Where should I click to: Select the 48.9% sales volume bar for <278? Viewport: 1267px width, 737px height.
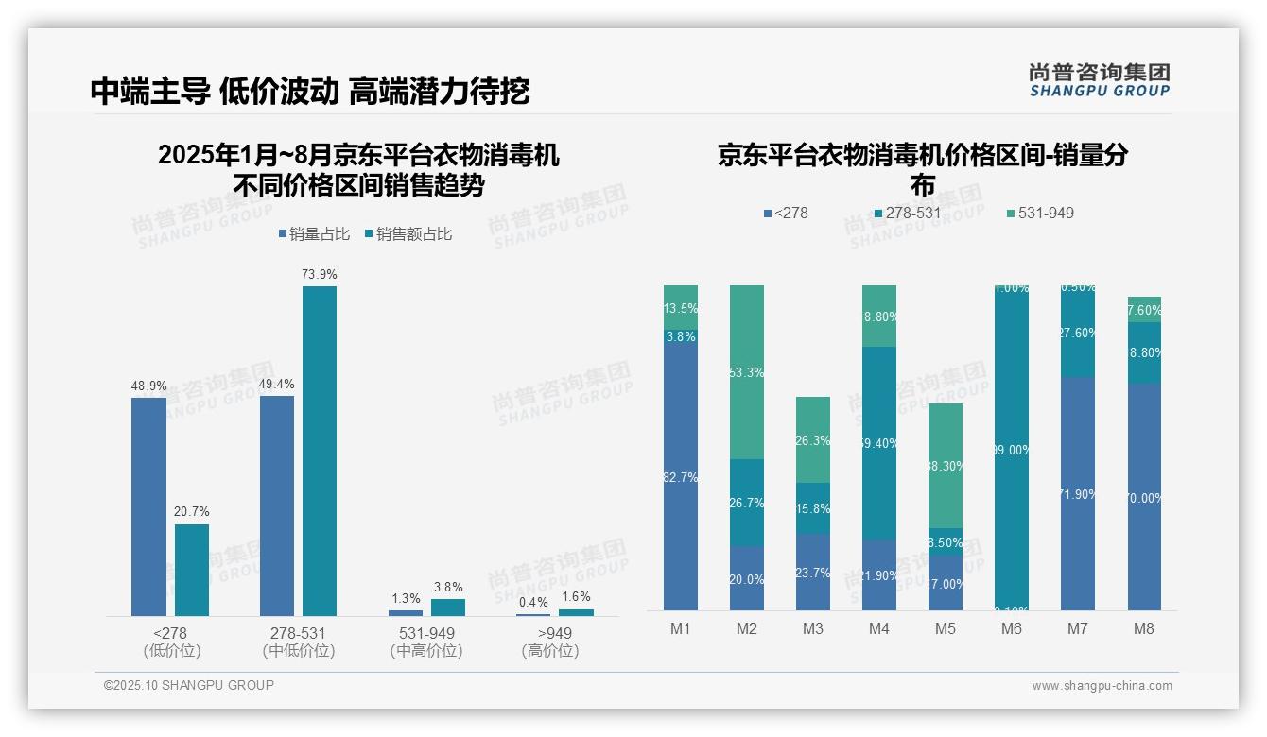tap(148, 506)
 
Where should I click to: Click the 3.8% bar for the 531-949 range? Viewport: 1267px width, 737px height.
tap(448, 607)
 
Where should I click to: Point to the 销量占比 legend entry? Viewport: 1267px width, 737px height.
tap(314, 234)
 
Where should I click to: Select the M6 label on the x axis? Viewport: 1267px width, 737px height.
tap(1011, 628)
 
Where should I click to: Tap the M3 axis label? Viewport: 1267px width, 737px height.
tap(813, 628)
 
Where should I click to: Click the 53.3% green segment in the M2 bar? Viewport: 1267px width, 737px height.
tap(747, 372)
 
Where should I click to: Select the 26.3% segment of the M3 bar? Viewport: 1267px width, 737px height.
tap(813, 439)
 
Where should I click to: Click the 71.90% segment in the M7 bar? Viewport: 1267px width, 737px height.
tap(1078, 493)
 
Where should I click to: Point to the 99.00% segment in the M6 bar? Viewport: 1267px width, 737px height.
tap(1012, 451)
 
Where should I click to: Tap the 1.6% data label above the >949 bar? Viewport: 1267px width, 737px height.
tap(576, 597)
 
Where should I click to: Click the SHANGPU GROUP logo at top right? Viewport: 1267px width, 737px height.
tap(1099, 80)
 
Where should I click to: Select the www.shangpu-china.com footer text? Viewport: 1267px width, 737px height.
tap(1102, 686)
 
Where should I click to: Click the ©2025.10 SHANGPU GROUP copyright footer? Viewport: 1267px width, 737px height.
tap(189, 685)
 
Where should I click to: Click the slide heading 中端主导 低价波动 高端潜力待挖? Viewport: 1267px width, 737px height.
tap(310, 91)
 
